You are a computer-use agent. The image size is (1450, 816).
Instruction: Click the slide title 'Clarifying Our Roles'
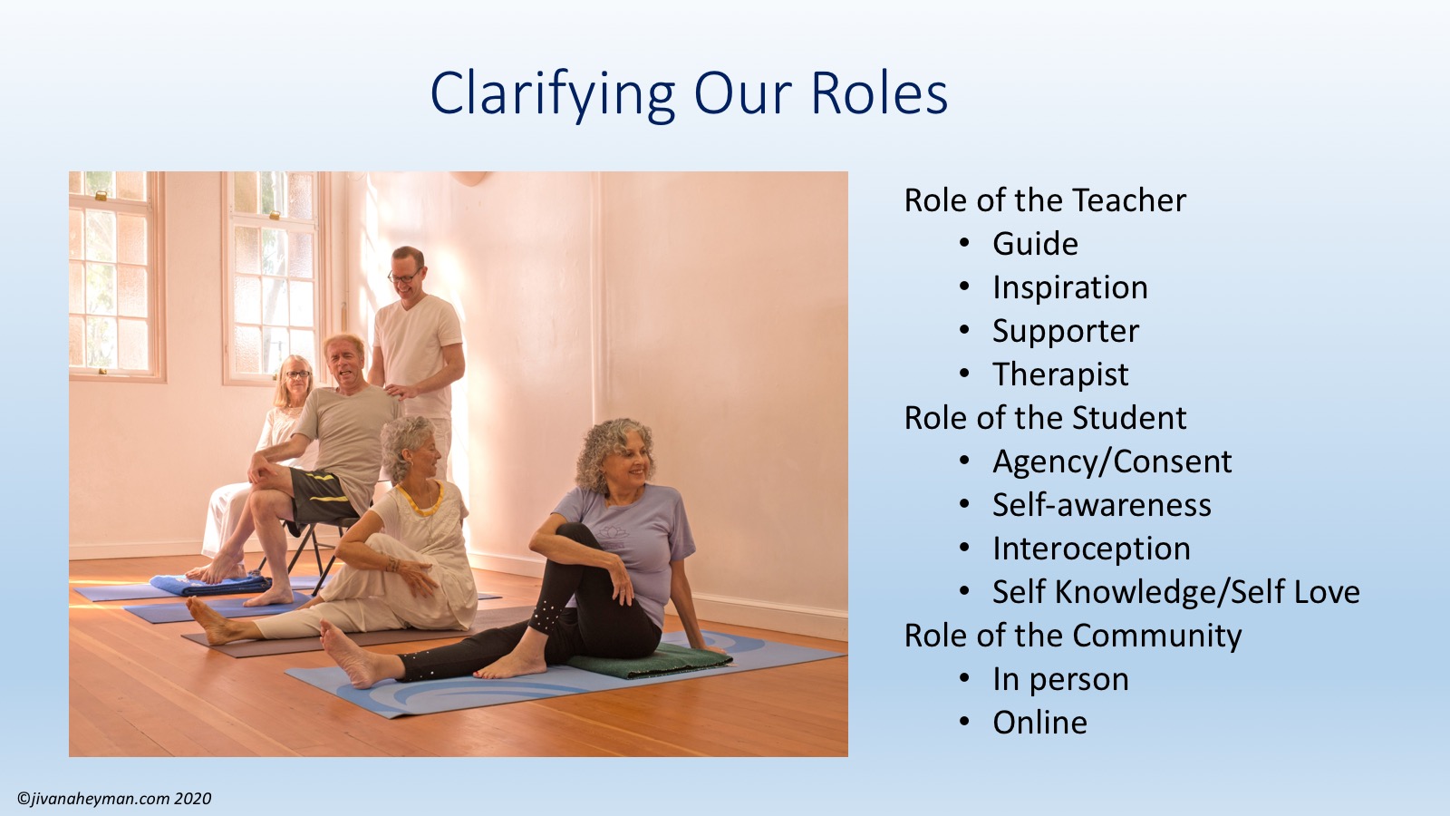pyautogui.click(x=689, y=94)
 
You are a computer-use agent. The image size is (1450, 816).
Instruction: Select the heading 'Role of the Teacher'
pyautogui.click(x=1045, y=200)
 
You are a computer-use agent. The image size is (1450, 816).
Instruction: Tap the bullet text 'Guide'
pyautogui.click(x=1035, y=244)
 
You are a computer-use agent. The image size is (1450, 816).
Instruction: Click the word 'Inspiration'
pyautogui.click(x=1070, y=288)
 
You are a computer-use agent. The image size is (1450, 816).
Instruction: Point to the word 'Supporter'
pyautogui.click(x=1066, y=332)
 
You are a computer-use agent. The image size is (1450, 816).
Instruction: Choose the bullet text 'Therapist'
pyautogui.click(x=1060, y=375)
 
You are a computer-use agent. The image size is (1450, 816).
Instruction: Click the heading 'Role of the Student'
pyautogui.click(x=1045, y=418)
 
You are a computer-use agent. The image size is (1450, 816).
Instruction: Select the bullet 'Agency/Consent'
pyautogui.click(x=1112, y=462)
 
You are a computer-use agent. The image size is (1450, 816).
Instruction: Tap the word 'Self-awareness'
pyautogui.click(x=1102, y=505)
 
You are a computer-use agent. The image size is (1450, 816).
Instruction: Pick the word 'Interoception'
pyautogui.click(x=1091, y=549)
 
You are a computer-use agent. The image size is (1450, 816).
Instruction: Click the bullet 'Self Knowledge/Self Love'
pyautogui.click(x=1176, y=593)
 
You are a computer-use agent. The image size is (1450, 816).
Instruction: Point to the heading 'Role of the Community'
pyautogui.click(x=1073, y=636)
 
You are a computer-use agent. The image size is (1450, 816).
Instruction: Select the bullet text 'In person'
pyautogui.click(x=1060, y=680)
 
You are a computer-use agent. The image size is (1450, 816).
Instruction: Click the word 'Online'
pyautogui.click(x=1039, y=723)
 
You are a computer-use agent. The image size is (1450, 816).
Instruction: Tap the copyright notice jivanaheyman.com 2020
pyautogui.click(x=114, y=799)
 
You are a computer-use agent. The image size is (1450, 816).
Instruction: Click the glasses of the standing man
pyautogui.click(x=405, y=277)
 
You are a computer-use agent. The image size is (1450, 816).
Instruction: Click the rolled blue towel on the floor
pyautogui.click(x=210, y=584)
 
